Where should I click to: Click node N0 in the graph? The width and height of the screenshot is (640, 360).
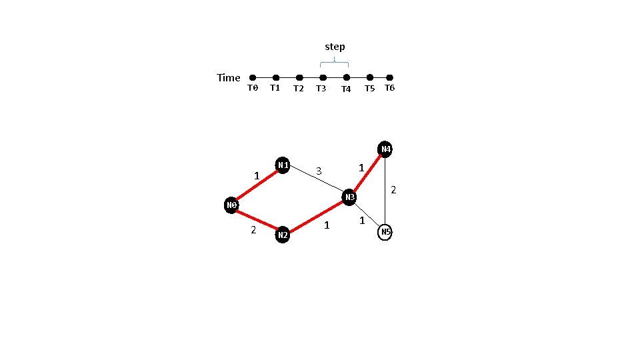232,205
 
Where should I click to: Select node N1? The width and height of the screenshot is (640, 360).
283,165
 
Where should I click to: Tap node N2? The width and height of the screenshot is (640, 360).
283,235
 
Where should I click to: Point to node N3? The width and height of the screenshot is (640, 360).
349,198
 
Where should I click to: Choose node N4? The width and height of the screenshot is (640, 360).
385,149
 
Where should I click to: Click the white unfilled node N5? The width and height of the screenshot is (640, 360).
385,232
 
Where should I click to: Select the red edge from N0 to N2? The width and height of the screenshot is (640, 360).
257,220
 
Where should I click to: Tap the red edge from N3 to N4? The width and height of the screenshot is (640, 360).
367,173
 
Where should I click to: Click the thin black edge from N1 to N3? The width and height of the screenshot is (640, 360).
316,181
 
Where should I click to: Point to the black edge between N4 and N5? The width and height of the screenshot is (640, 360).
385,190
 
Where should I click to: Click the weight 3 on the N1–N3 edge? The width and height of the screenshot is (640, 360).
319,171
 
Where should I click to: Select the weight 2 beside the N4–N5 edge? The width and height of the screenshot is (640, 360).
393,191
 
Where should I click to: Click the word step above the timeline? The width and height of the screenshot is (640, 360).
335,47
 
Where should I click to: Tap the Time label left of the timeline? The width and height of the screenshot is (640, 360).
229,78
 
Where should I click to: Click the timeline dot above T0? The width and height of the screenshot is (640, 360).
253,78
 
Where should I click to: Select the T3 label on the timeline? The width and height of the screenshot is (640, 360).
321,89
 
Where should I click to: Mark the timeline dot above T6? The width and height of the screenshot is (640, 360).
390,78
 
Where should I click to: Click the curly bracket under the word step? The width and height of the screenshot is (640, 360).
335,63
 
